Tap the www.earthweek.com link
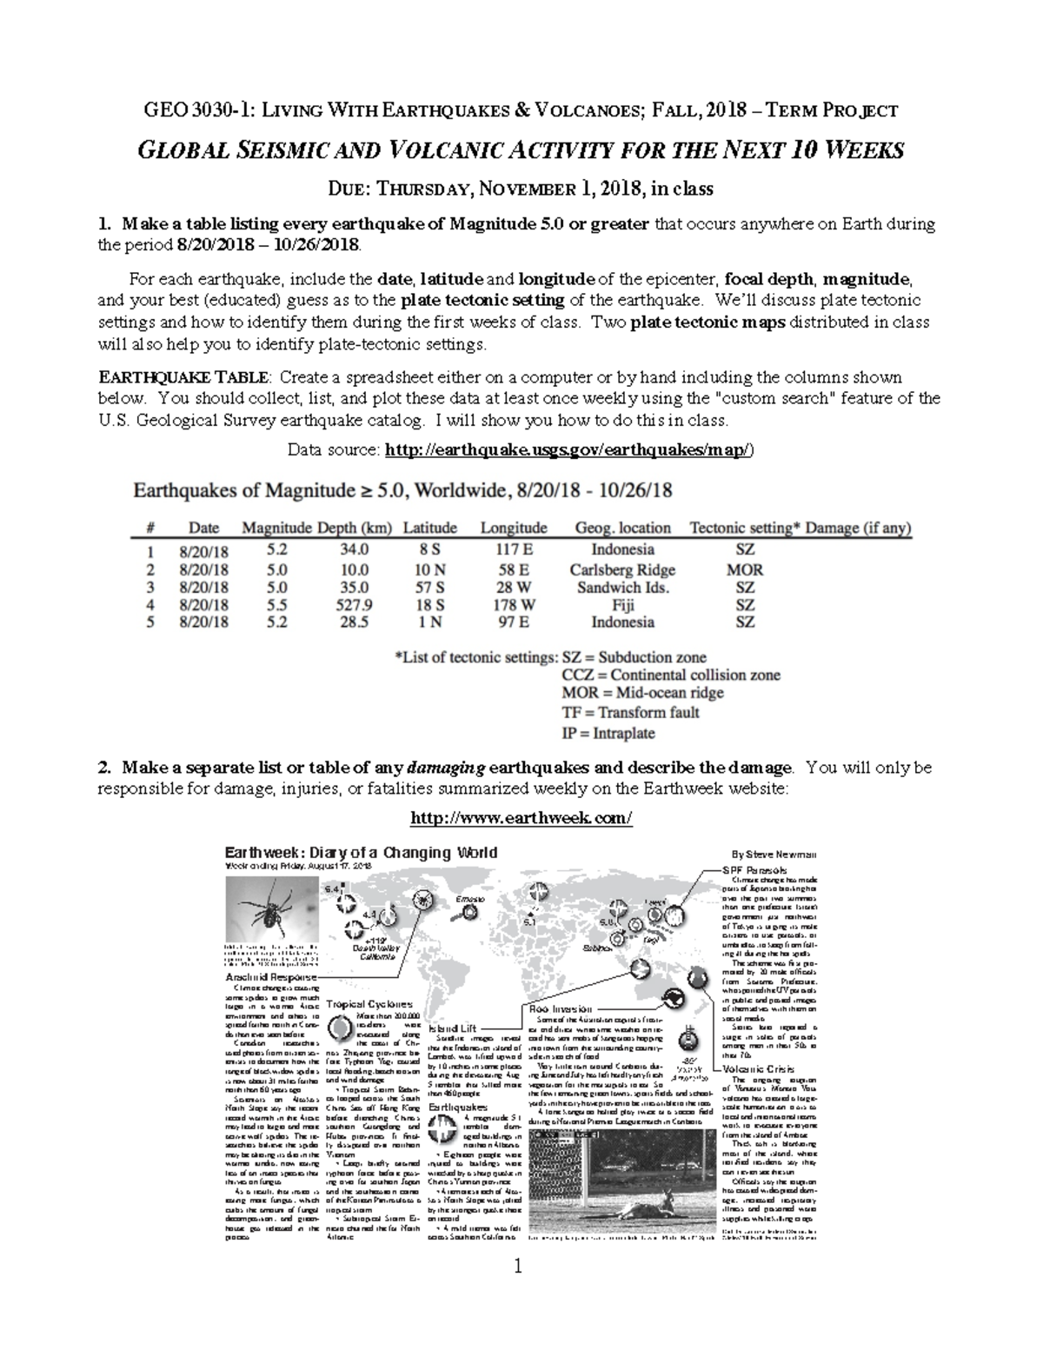(521, 818)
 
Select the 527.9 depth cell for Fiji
(354, 604)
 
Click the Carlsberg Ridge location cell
(622, 569)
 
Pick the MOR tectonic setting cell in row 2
(745, 569)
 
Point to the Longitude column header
(514, 528)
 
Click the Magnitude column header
(276, 528)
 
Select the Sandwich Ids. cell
(622, 587)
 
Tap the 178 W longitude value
(514, 604)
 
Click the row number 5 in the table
(150, 622)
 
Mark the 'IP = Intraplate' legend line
(608, 733)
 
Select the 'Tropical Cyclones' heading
(370, 1003)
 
